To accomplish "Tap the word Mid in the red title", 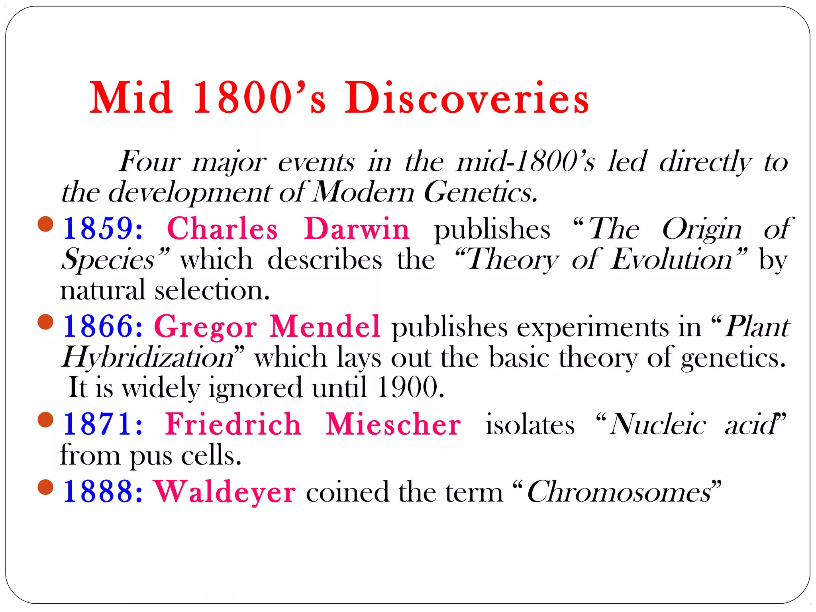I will (x=131, y=98).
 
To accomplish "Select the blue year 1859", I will (x=103, y=229).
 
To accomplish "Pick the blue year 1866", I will (x=103, y=326).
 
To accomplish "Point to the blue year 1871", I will (x=103, y=424).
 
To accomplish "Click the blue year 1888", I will (x=103, y=492).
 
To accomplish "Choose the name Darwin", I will (x=357, y=229).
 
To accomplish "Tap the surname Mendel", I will (x=325, y=326).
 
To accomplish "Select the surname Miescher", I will (x=393, y=424).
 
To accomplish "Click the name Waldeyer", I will (x=225, y=492).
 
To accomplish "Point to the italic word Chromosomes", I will (x=620, y=492).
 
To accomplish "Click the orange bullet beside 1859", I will (x=45, y=224).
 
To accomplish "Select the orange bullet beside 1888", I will (x=45, y=487).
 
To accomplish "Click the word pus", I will (x=151, y=455).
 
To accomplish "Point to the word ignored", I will (x=255, y=388).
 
